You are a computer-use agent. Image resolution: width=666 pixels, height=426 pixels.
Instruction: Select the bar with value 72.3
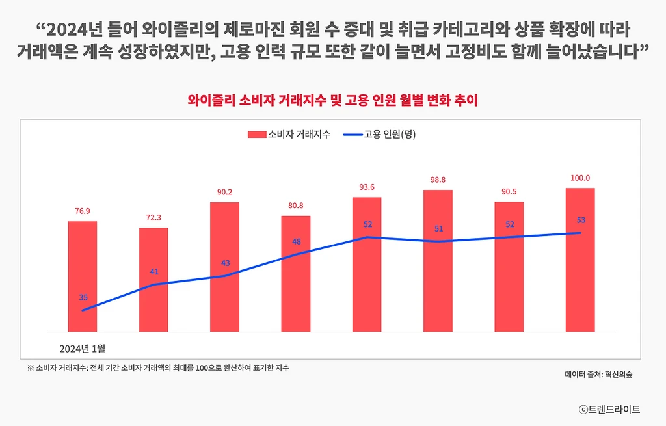coord(153,279)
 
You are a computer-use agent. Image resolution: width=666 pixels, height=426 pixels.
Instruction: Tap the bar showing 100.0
coord(580,260)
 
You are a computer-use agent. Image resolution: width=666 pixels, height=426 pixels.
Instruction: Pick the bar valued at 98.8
coord(438,260)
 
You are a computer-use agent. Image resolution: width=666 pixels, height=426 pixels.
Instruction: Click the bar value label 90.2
coord(224,192)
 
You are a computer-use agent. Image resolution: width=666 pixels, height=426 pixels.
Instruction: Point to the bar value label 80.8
coord(296,206)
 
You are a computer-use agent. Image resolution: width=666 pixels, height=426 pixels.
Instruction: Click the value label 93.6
coord(367,187)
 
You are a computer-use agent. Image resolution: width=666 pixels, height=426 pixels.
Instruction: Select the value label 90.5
coord(509,192)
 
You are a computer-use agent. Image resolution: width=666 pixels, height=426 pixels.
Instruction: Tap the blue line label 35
coord(83,297)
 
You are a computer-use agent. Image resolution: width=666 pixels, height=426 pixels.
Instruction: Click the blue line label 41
coord(154,272)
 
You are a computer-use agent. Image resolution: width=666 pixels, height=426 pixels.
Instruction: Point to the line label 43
coord(225,263)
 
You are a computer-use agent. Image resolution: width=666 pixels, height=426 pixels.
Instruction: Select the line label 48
coord(297,241)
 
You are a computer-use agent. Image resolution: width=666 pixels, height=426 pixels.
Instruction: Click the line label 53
coord(581,220)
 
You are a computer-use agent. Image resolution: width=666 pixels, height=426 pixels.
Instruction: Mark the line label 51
coord(438,228)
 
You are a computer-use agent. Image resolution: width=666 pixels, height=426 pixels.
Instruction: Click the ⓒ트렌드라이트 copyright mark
coord(609,409)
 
